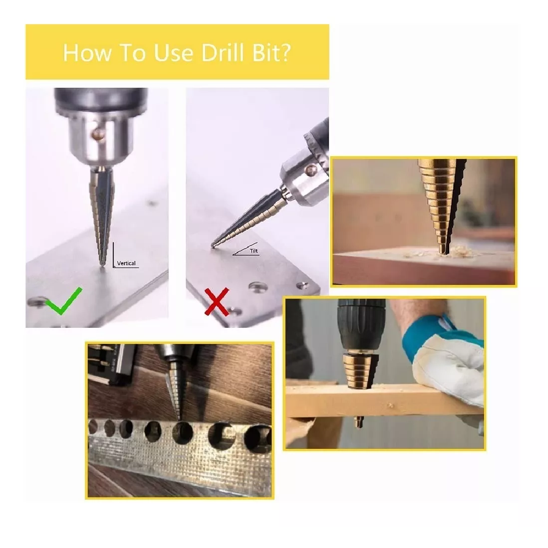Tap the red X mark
(217, 301)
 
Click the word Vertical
(126, 263)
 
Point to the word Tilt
(253, 251)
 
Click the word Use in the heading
(174, 53)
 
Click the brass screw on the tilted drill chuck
(311, 170)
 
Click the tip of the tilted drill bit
(212, 245)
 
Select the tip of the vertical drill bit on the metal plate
(102, 265)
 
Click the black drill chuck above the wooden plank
(361, 325)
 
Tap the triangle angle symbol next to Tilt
(246, 249)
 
